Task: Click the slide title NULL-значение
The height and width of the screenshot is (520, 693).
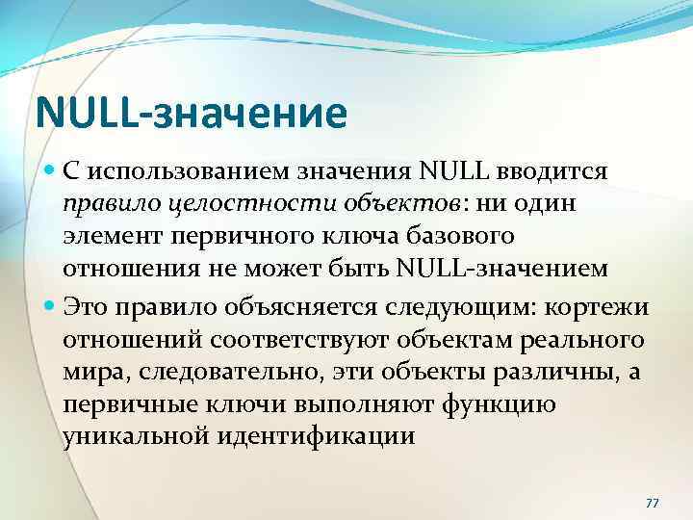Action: coord(190,113)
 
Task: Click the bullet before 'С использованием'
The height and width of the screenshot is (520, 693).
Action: coord(51,172)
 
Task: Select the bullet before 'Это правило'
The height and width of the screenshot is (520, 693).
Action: coord(51,306)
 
